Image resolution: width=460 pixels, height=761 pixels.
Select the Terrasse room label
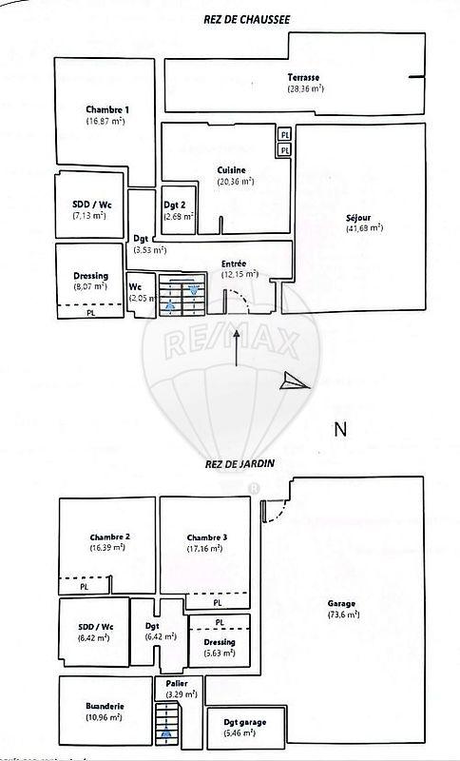click(305, 77)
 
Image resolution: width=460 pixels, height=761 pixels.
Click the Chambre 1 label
click(106, 109)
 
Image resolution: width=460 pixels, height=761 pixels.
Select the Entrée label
click(234, 263)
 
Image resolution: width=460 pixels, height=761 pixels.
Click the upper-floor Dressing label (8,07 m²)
click(89, 276)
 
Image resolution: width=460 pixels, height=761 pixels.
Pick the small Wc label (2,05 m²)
click(135, 285)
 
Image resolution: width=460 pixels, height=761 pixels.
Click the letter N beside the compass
click(339, 428)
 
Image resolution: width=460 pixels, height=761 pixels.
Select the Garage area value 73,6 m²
click(343, 615)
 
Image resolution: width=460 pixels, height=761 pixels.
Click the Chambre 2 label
click(109, 537)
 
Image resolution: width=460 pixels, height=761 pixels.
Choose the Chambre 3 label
click(206, 537)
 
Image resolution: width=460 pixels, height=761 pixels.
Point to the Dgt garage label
click(244, 722)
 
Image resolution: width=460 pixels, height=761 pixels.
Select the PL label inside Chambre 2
click(85, 587)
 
